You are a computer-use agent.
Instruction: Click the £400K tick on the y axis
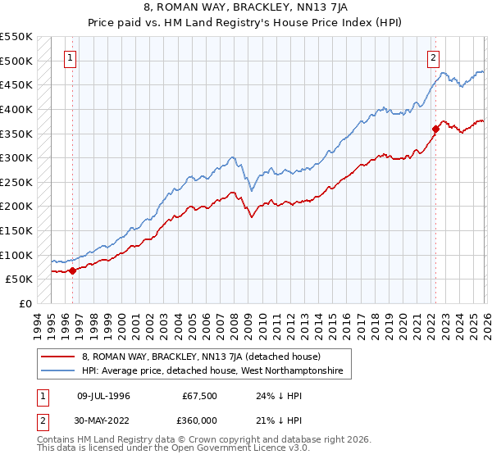16,109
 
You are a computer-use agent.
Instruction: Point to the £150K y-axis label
16,230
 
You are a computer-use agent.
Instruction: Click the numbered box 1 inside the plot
71,58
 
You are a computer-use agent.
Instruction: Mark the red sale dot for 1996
72,270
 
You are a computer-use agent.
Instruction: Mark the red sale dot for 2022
435,129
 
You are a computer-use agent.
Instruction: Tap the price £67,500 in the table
199,396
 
